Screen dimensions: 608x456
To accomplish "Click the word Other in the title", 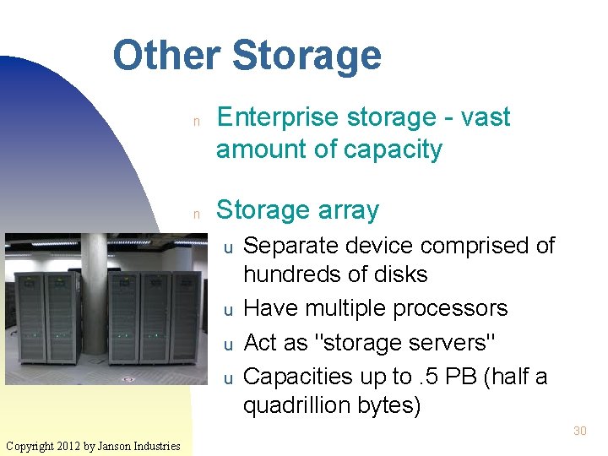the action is coord(166,56).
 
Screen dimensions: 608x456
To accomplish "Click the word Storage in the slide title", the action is coord(306,56).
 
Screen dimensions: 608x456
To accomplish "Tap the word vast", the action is coord(487,117).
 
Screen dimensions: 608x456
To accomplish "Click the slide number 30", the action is coord(579,431).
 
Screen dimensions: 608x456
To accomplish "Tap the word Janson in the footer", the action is coord(120,445).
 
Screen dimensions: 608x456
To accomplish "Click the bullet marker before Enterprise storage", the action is coord(195,121).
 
